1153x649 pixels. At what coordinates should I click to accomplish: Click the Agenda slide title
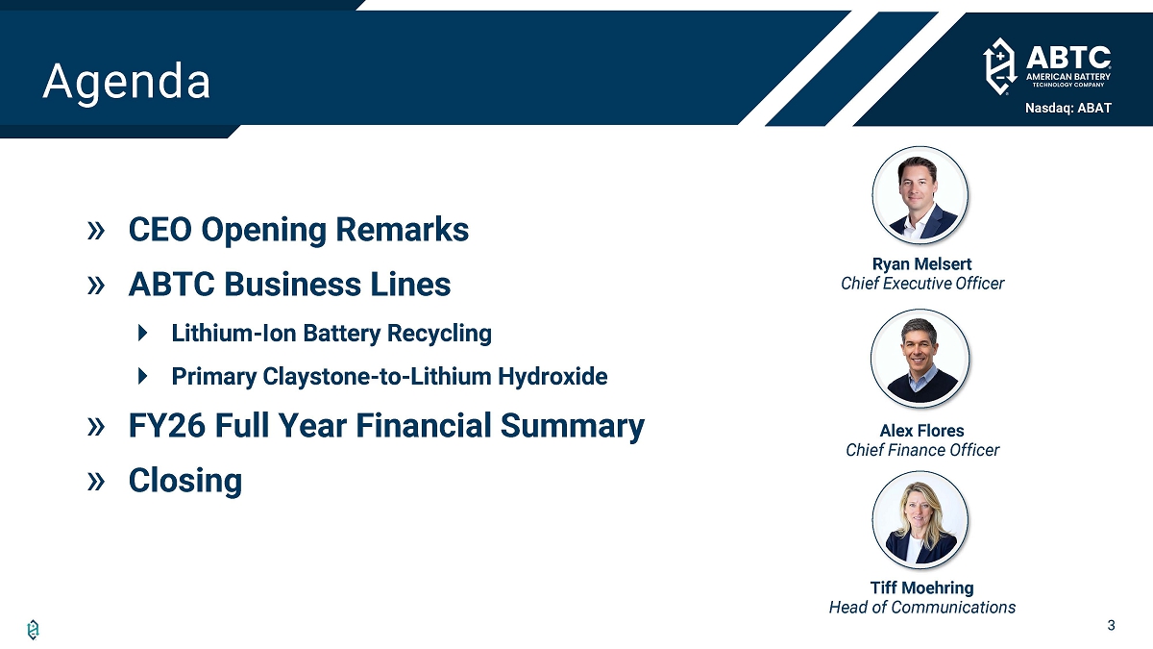point(127,82)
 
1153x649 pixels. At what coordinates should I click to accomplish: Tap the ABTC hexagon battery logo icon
point(999,66)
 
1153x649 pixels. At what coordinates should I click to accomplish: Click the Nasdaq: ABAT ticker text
point(1068,108)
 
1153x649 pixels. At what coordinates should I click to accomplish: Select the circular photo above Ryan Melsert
point(920,195)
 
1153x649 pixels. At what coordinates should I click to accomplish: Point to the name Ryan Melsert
point(921,263)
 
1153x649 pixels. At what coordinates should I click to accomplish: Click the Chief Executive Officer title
point(922,284)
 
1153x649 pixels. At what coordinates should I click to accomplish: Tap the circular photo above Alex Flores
point(920,359)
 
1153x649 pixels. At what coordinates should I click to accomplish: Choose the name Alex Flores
point(921,430)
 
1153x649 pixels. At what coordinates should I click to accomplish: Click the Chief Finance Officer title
point(922,450)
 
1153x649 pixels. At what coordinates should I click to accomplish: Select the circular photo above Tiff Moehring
point(920,520)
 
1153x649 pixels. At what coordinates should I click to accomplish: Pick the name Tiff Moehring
point(921,587)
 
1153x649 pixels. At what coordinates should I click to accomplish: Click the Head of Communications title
point(922,608)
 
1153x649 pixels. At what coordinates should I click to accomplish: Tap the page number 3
point(1111,625)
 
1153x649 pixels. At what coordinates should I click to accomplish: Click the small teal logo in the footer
point(33,630)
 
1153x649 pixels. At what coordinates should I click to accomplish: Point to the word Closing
point(185,481)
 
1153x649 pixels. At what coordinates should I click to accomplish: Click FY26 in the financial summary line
point(166,425)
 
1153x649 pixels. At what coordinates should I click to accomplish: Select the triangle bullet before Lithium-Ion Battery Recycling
point(143,333)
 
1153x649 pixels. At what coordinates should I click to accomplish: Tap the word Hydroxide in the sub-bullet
point(552,376)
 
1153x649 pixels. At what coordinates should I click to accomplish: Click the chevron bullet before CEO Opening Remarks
point(96,230)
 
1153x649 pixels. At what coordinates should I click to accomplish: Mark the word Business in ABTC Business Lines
point(293,285)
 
